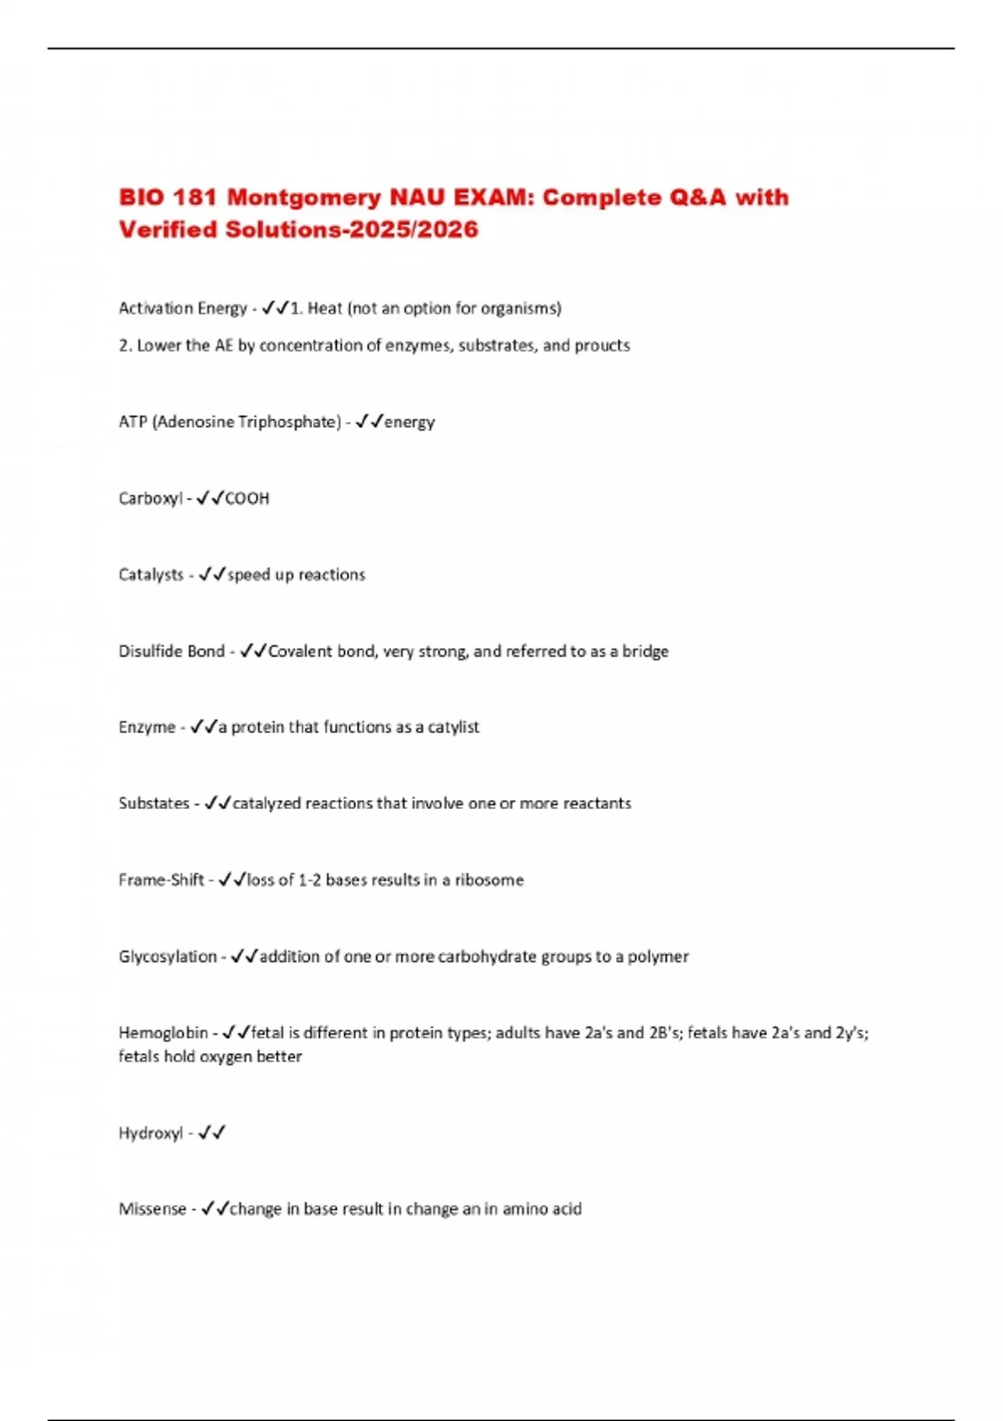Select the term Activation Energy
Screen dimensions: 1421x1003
click(182, 308)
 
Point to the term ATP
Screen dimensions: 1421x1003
click(133, 422)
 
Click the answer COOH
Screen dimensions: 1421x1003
click(247, 499)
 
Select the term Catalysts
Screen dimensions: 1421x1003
click(151, 575)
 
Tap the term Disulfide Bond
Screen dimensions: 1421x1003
click(171, 651)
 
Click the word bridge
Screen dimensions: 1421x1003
click(645, 651)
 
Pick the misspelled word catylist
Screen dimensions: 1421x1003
click(453, 727)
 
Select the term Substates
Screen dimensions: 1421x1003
click(154, 803)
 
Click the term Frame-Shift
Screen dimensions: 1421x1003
click(161, 880)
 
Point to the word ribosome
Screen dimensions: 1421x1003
click(489, 880)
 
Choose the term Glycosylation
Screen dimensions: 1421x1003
click(167, 956)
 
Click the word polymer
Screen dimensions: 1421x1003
click(658, 956)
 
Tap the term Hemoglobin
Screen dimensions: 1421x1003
click(163, 1033)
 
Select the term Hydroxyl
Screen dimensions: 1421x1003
click(150, 1133)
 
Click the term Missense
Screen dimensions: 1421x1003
click(152, 1210)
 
